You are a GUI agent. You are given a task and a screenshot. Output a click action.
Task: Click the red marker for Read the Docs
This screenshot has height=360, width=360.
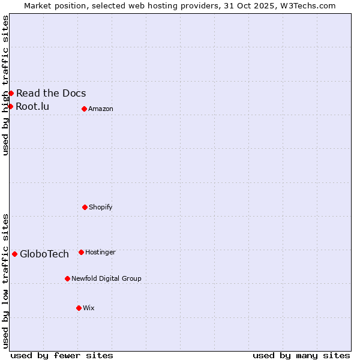pos(11,93)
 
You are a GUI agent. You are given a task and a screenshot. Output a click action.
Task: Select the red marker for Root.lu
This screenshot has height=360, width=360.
pos(10,106)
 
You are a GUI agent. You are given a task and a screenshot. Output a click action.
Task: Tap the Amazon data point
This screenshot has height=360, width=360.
pos(84,109)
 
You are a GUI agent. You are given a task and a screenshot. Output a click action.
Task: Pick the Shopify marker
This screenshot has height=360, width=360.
pos(85,207)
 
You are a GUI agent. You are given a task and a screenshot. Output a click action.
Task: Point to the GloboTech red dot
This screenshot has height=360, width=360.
pos(14,254)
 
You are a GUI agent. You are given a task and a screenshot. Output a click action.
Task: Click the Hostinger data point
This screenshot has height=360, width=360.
pos(81,252)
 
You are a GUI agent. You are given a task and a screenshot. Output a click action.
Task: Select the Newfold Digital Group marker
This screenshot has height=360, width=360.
pos(67,278)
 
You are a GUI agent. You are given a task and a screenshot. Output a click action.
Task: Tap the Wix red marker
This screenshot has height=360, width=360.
pos(79,308)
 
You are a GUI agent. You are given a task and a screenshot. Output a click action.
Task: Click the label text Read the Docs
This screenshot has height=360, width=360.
pos(51,93)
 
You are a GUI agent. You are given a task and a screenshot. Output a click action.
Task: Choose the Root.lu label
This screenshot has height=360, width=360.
pos(32,106)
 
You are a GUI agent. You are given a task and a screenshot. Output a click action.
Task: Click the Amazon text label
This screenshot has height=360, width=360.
pos(101,109)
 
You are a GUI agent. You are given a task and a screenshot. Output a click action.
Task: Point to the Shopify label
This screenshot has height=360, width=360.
pos(101,207)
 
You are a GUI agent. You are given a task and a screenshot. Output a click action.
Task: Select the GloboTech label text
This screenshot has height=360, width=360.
pos(44,254)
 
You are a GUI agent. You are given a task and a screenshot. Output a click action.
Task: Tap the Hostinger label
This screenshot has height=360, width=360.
pos(100,252)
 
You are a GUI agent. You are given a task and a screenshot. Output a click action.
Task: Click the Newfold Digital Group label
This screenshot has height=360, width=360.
pos(106,278)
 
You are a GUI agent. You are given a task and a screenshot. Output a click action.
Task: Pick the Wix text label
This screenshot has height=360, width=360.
pos(89,308)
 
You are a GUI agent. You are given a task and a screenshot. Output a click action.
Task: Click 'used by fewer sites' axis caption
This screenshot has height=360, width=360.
pos(62,355)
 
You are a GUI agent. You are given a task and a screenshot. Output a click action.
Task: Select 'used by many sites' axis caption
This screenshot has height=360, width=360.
pos(301,355)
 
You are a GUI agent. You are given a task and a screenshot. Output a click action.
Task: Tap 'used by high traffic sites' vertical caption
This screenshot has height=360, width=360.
pos(5,85)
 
